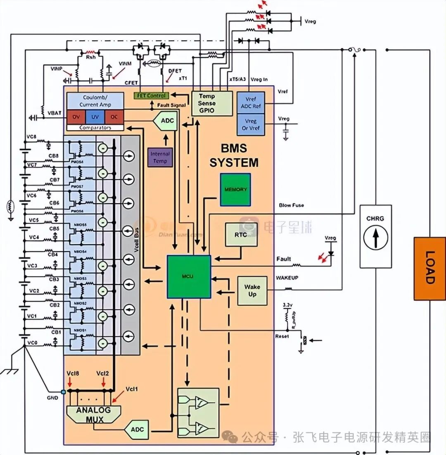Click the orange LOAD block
(x=429, y=268)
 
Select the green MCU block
(x=189, y=276)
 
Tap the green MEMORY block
(x=235, y=190)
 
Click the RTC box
(x=241, y=235)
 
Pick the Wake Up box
(x=252, y=291)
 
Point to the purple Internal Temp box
(x=160, y=157)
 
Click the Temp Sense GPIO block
(x=206, y=103)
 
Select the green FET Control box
(x=151, y=96)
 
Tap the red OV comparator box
(x=76, y=117)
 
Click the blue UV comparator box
(x=95, y=117)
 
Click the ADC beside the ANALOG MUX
(x=137, y=429)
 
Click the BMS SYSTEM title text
(x=234, y=156)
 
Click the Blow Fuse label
(x=292, y=205)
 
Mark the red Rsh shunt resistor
(x=90, y=53)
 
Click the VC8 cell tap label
(x=31, y=136)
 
